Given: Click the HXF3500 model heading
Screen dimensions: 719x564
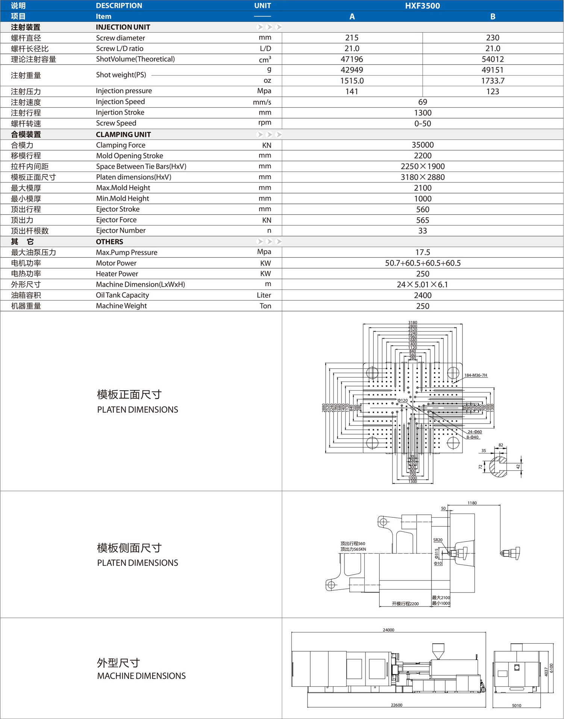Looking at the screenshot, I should [422, 6].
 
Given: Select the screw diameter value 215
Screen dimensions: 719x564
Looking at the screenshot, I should [352, 38].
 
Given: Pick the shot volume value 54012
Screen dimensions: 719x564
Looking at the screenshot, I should [493, 59].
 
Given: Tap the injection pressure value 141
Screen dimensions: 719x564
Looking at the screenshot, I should [352, 91].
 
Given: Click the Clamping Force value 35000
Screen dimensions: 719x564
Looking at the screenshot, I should [422, 145].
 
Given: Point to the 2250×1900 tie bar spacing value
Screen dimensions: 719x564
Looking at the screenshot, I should [422, 166].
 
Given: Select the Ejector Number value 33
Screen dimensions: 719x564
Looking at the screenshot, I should [422, 231].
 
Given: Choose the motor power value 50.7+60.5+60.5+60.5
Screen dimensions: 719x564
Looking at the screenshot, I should [422, 263].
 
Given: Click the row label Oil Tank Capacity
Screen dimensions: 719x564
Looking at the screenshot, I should [122, 295].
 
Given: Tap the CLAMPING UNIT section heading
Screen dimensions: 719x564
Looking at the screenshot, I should [123, 134].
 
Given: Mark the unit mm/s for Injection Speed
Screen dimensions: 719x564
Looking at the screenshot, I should [262, 102].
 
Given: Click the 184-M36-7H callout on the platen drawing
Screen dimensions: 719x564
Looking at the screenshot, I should [475, 375].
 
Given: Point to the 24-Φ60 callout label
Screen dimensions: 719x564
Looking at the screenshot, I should [475, 432].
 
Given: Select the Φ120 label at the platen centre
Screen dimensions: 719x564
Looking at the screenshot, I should [403, 400].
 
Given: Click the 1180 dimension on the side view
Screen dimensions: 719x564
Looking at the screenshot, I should [472, 503].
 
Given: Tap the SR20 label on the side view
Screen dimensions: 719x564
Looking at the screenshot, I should [438, 540].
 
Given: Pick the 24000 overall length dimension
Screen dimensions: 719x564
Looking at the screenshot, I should [388, 630].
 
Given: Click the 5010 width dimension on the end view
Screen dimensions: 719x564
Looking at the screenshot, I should [516, 705].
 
